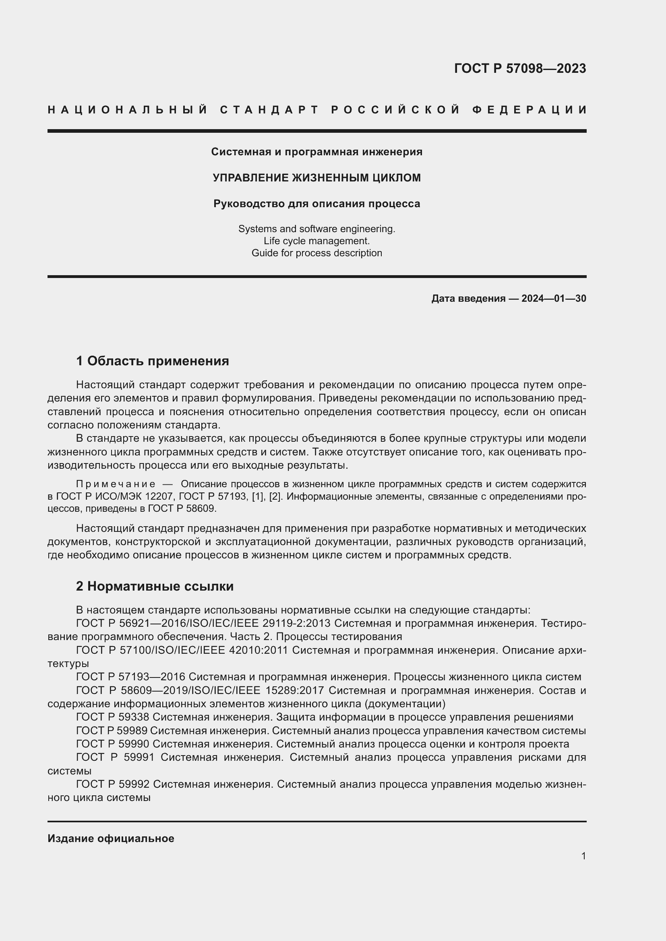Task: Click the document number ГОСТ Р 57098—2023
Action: (x=519, y=68)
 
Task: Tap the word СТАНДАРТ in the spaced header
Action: (x=269, y=110)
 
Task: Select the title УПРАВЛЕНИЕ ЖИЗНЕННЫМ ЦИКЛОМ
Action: (x=316, y=178)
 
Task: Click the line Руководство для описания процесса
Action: (x=316, y=204)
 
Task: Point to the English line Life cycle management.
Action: (x=316, y=241)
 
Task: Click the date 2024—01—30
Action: (x=554, y=299)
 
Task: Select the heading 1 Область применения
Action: (x=152, y=361)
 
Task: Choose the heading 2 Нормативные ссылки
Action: (x=155, y=587)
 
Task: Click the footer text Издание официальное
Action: (x=111, y=838)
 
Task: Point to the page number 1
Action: (x=583, y=856)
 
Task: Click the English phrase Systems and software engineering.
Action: (x=316, y=229)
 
